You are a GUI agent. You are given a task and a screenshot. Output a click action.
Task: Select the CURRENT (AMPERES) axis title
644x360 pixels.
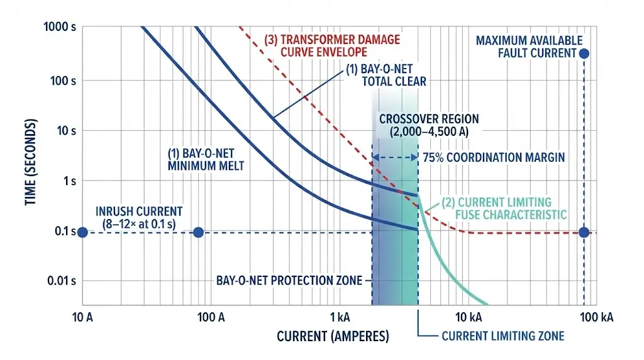(x=333, y=336)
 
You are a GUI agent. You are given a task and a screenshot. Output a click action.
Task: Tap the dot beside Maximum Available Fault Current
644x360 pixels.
(x=584, y=53)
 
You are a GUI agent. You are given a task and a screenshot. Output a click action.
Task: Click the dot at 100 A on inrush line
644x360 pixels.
(x=198, y=232)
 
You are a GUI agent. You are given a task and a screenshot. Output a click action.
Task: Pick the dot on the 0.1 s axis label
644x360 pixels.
(x=82, y=232)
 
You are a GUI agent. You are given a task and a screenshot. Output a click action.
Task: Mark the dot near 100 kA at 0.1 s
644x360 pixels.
(x=584, y=232)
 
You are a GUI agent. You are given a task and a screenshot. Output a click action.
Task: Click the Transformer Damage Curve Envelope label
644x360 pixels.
(x=328, y=45)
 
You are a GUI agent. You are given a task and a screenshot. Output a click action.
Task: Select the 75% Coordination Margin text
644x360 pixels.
(x=493, y=157)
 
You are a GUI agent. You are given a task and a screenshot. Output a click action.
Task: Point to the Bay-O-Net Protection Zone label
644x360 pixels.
(x=289, y=280)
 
